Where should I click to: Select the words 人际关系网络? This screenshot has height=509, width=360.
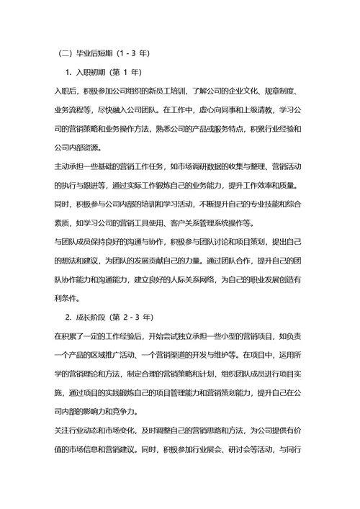tap(194, 279)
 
